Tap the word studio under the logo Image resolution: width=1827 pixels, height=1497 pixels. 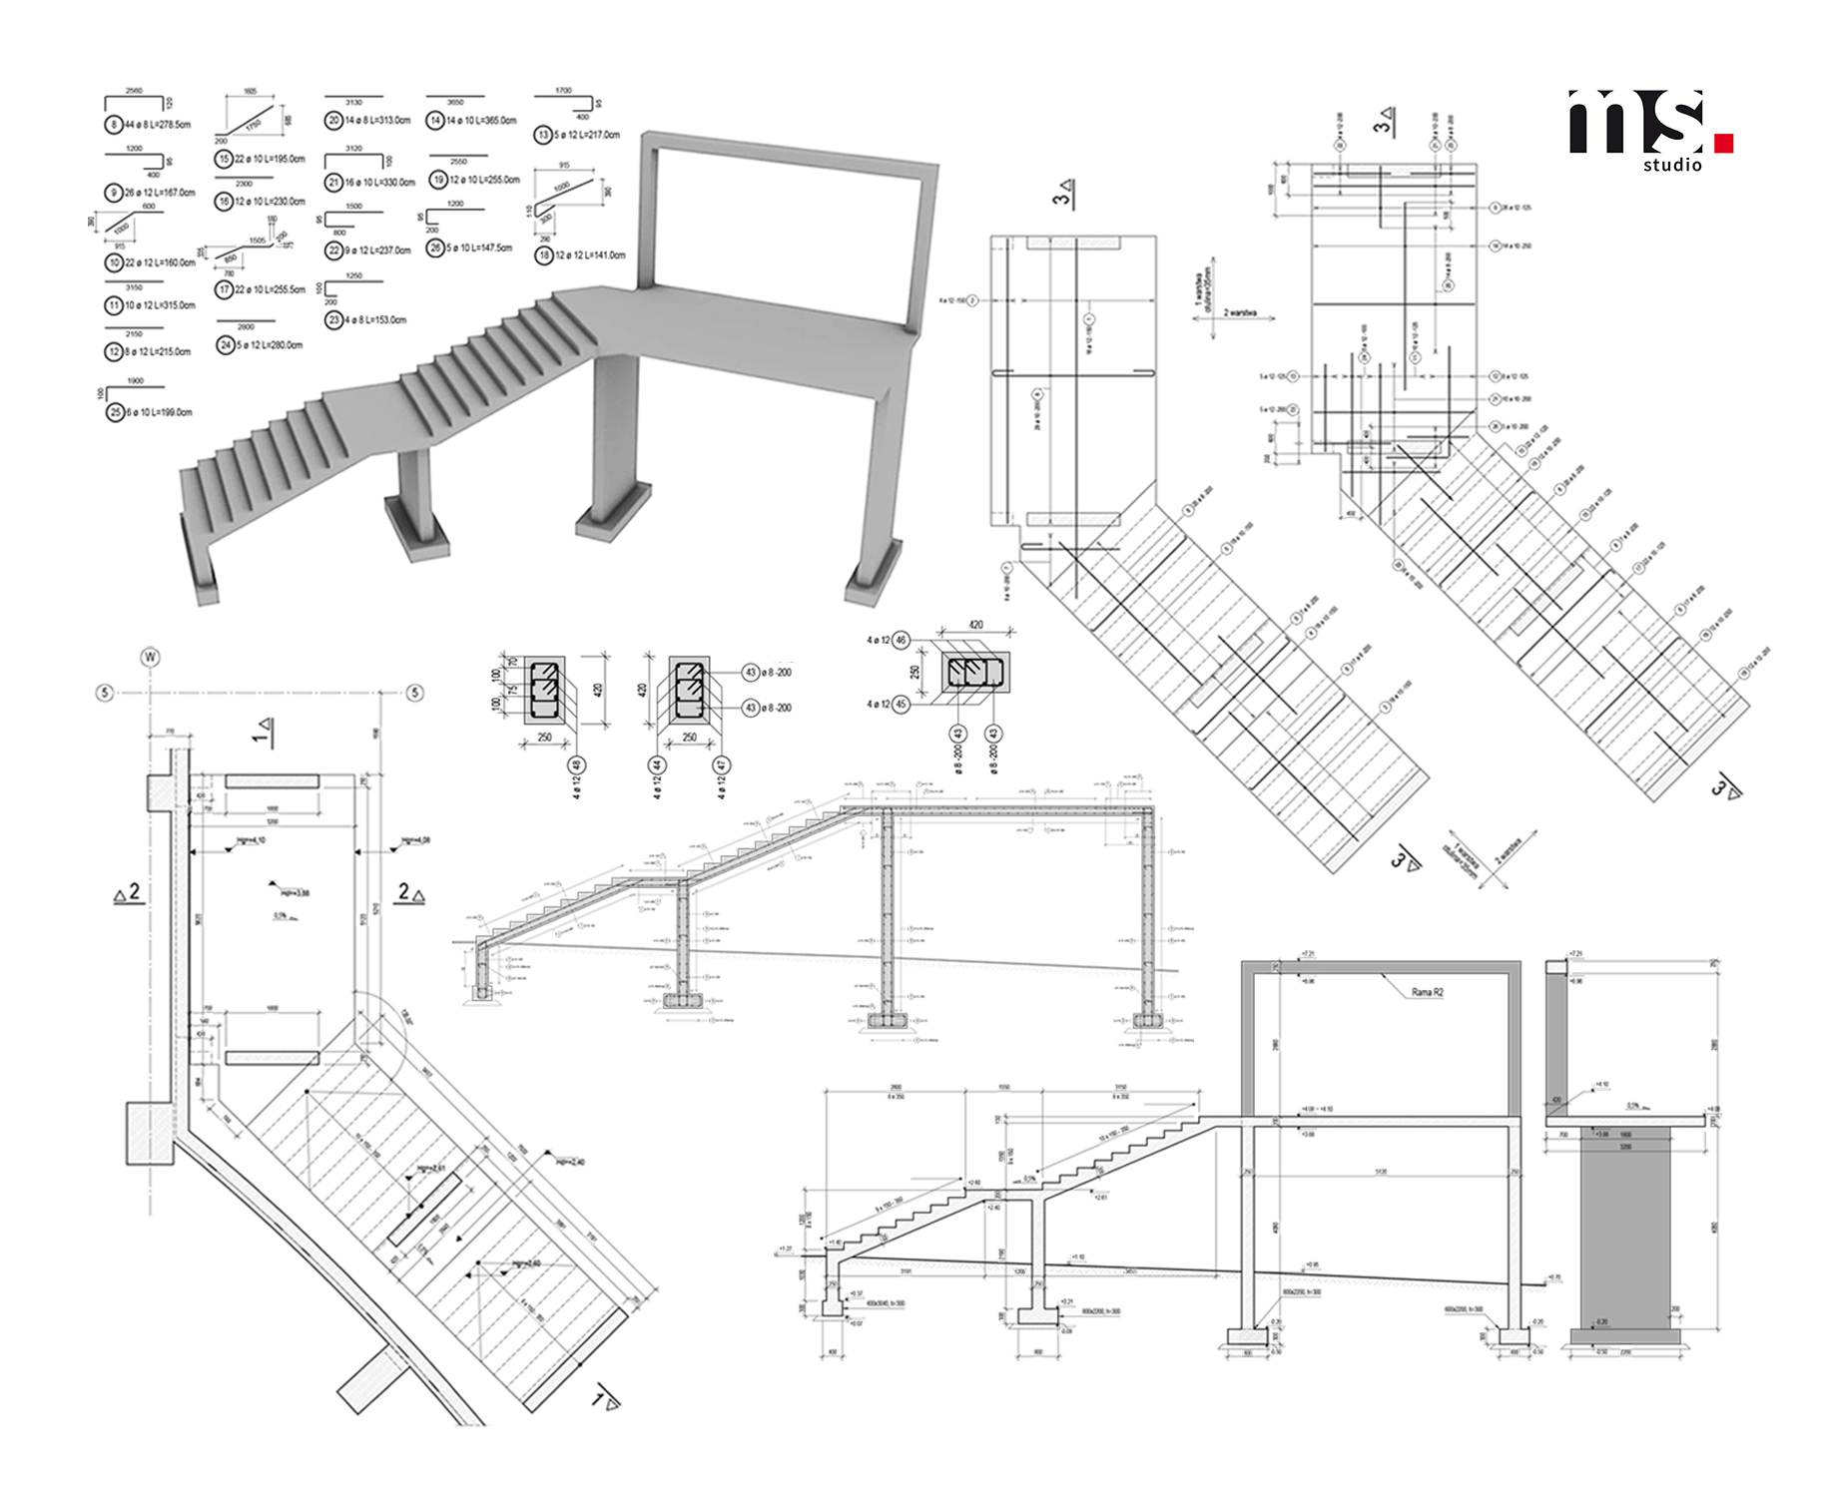coord(1672,166)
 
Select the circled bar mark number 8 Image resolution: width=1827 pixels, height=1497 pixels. coord(114,125)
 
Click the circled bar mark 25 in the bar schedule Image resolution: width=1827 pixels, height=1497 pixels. coord(115,412)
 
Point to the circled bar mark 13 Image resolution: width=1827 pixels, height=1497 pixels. coord(543,135)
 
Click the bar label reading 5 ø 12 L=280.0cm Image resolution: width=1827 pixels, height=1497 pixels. coord(269,345)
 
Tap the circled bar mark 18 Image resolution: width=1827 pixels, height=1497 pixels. coord(544,255)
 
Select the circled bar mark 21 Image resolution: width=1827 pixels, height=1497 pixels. coord(333,183)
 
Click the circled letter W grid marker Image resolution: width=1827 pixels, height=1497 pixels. coord(151,657)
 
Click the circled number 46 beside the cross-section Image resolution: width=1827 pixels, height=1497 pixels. coord(901,640)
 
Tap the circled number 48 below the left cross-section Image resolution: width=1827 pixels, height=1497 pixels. coord(576,765)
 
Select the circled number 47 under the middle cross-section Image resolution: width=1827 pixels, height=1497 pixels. coord(722,765)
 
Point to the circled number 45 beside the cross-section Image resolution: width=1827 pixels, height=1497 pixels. coord(901,705)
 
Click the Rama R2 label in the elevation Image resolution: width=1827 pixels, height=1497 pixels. coord(1427,992)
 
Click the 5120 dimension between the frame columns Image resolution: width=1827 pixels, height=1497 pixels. coord(1381,1172)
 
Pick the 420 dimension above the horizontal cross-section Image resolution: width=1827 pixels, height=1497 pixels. coord(975,625)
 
